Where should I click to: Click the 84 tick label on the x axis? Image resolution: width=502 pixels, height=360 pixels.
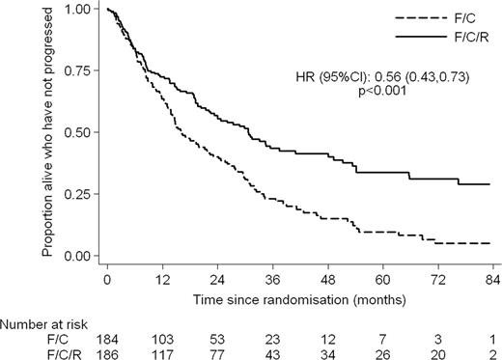[x=490, y=278]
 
